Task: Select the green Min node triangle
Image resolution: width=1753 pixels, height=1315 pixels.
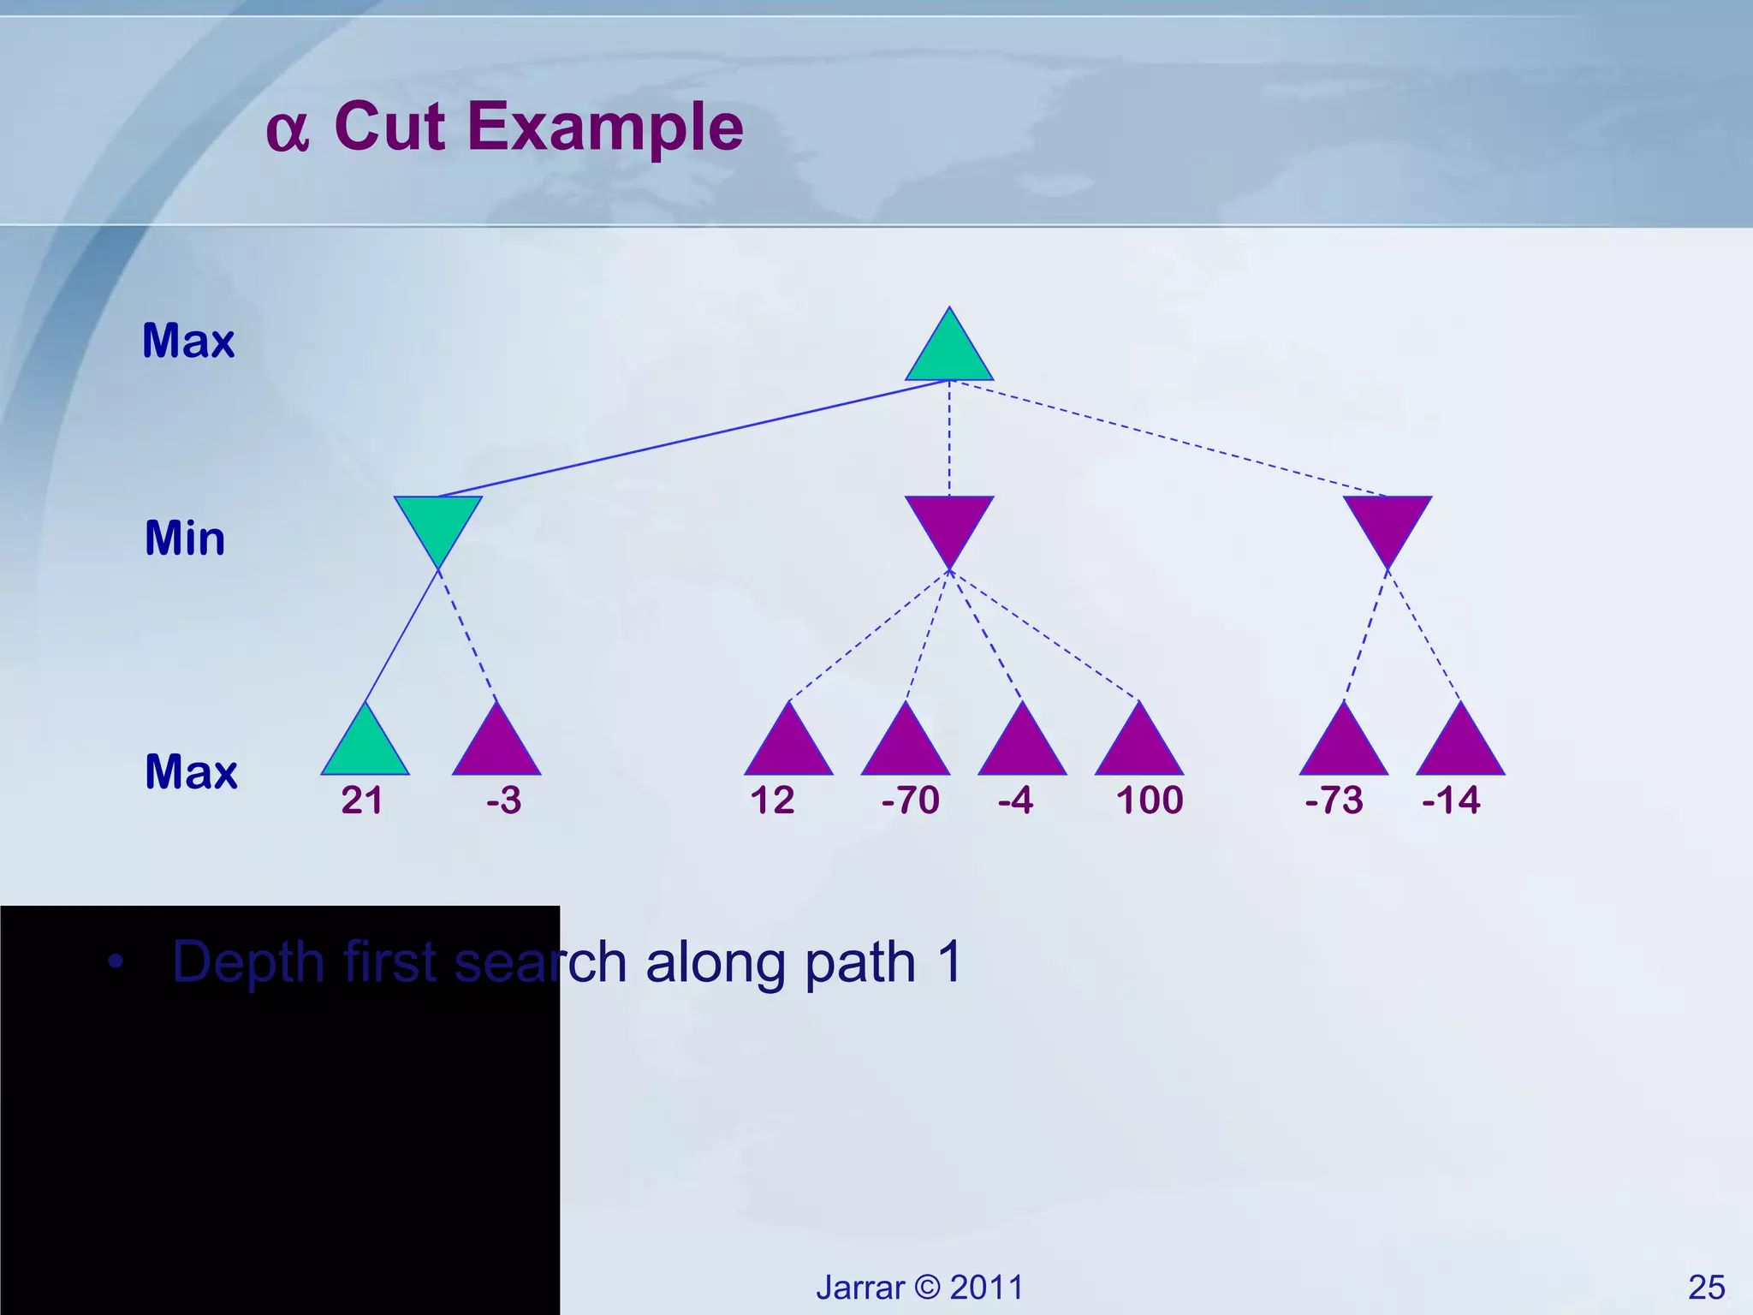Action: click(x=438, y=522)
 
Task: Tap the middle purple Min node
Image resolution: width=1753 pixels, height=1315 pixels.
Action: click(x=949, y=522)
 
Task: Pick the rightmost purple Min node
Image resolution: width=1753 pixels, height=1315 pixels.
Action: click(x=1387, y=522)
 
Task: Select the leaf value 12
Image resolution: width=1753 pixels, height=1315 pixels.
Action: click(x=772, y=800)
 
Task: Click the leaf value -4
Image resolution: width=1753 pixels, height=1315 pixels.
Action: click(x=1016, y=800)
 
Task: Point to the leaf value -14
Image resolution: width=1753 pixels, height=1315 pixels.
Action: click(x=1451, y=800)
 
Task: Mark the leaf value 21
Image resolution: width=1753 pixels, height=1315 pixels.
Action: click(x=362, y=800)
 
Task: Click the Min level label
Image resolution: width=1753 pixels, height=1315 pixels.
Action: click(x=185, y=538)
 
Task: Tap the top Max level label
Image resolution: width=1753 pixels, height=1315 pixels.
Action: click(x=188, y=341)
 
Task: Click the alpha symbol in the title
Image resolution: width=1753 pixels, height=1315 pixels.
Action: click(x=287, y=131)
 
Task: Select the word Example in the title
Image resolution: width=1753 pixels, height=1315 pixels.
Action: click(x=605, y=127)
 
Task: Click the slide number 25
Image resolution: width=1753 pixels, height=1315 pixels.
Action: click(x=1706, y=1287)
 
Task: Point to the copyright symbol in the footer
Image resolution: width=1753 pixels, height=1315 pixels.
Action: click(x=927, y=1287)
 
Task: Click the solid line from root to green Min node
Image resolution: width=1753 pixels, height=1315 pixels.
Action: click(x=693, y=438)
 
